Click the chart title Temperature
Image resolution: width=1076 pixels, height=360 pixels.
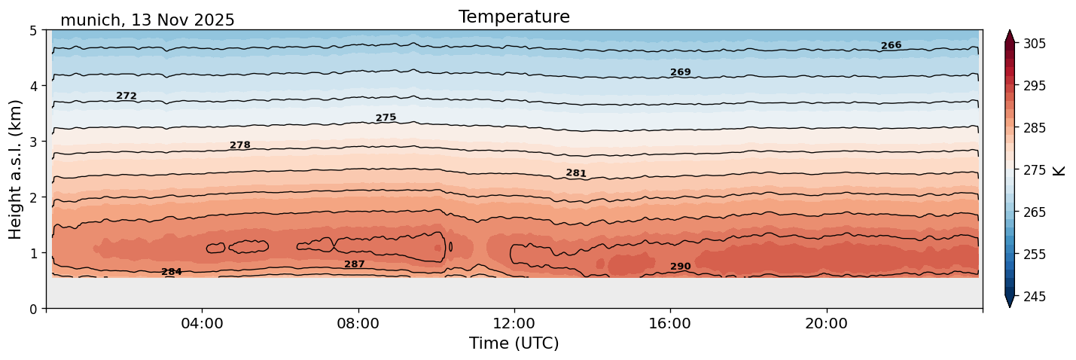[x=514, y=17]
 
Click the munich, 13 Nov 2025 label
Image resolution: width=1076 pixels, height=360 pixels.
[x=148, y=20]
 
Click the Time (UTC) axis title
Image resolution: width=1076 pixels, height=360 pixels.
[x=514, y=343]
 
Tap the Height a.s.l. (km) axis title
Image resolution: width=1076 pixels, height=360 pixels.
[x=16, y=169]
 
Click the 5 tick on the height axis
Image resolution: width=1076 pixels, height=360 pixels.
[x=33, y=30]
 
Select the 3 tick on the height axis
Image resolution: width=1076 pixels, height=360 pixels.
[x=33, y=142]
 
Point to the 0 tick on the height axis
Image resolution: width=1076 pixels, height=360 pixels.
[x=33, y=309]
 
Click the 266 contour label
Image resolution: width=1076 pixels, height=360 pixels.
[x=891, y=45]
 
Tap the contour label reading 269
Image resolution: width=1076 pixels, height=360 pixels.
[x=680, y=72]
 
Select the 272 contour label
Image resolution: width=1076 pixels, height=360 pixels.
[x=126, y=96]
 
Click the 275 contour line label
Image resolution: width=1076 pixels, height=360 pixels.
[x=386, y=117]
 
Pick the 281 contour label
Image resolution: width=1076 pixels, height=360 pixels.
[x=576, y=173]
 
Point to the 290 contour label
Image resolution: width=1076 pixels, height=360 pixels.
[x=680, y=267]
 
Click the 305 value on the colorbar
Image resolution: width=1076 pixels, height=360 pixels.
[x=1034, y=44]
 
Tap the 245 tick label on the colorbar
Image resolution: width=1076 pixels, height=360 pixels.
[x=1034, y=297]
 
